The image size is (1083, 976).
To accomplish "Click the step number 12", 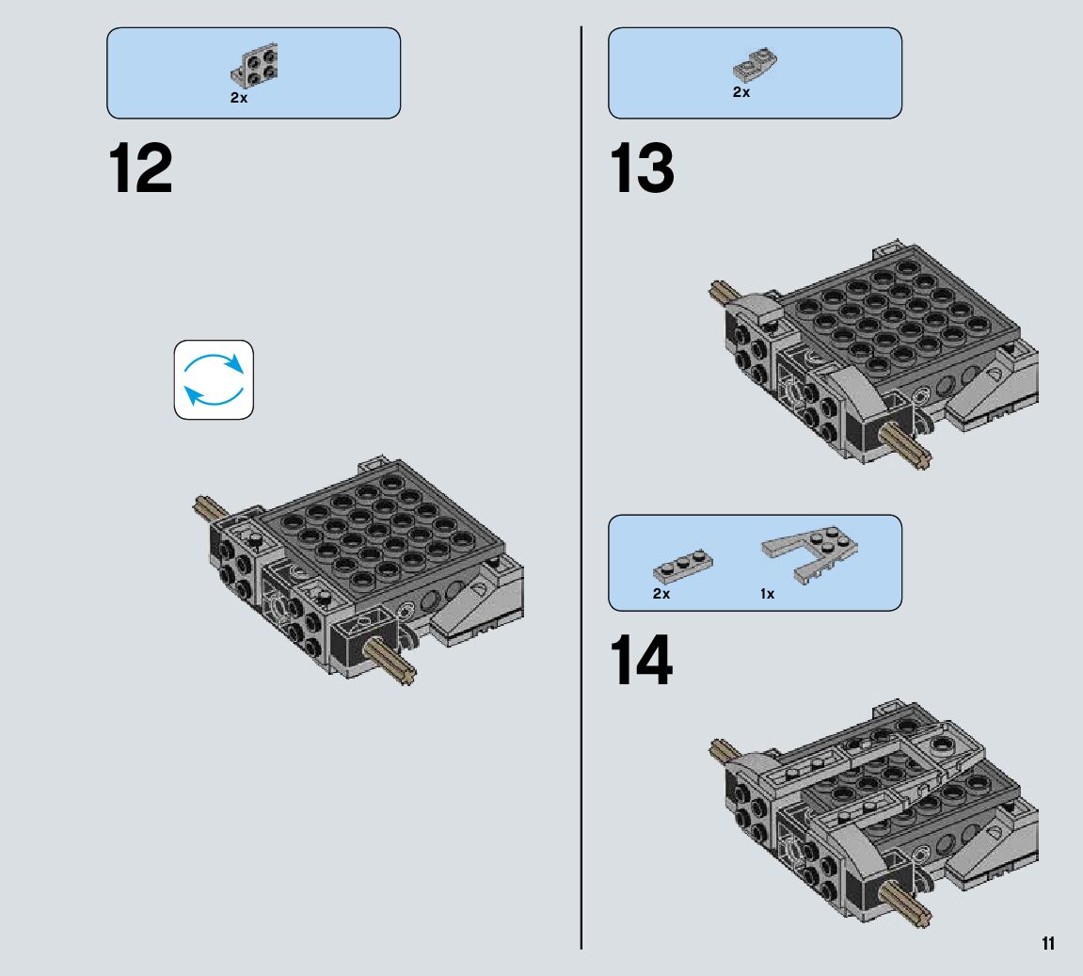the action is [x=140, y=168].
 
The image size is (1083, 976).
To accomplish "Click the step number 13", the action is [x=642, y=168].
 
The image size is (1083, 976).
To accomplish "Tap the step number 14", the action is [x=641, y=661].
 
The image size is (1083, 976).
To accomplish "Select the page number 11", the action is [x=1048, y=944].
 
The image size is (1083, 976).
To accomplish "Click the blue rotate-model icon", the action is [x=214, y=379].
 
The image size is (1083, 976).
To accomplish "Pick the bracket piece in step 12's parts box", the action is [x=254, y=64].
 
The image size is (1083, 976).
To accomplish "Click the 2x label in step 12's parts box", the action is [x=239, y=98].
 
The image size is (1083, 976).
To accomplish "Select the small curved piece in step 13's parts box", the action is [x=755, y=65].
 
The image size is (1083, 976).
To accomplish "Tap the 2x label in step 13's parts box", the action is [x=741, y=92].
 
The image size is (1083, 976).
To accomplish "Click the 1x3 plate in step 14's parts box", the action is [x=683, y=567].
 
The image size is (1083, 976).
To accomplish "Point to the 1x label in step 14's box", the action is [x=768, y=594].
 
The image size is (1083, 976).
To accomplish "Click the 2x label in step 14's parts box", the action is [x=661, y=594].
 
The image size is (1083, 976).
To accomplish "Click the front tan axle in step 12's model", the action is [x=390, y=661].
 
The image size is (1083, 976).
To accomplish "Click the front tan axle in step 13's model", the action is [x=906, y=445].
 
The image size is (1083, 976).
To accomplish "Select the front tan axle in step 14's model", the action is [x=906, y=904].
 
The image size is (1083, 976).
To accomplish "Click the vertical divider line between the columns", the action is [x=581, y=488].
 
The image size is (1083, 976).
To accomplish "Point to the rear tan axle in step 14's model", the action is [x=725, y=751].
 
